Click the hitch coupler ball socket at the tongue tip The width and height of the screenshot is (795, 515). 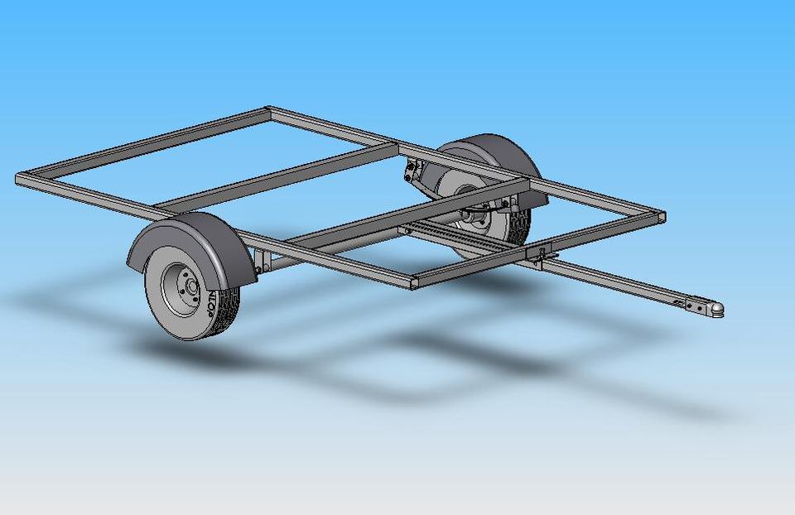pyautogui.click(x=717, y=308)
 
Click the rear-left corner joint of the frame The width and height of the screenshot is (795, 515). pyautogui.click(x=22, y=178)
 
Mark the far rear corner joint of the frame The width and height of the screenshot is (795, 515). pyautogui.click(x=267, y=111)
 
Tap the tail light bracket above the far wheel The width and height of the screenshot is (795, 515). pyautogui.click(x=412, y=172)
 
